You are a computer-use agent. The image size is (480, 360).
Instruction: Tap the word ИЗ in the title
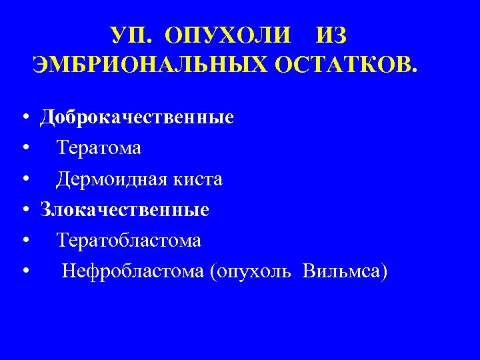point(333,34)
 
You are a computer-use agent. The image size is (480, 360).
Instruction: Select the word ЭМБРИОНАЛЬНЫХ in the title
point(143,65)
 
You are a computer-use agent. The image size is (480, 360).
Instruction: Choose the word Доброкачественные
point(137,118)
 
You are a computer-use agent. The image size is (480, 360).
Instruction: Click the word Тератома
point(99,148)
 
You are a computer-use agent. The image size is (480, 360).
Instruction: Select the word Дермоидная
point(114,179)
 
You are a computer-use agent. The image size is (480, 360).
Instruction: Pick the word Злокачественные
point(125,210)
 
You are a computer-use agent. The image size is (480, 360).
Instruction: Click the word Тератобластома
point(129,241)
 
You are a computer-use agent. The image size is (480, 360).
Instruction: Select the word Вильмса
point(343,272)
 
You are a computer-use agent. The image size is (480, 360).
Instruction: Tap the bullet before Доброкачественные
point(24,119)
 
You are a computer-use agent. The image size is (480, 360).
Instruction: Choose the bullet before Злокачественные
point(24,211)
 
